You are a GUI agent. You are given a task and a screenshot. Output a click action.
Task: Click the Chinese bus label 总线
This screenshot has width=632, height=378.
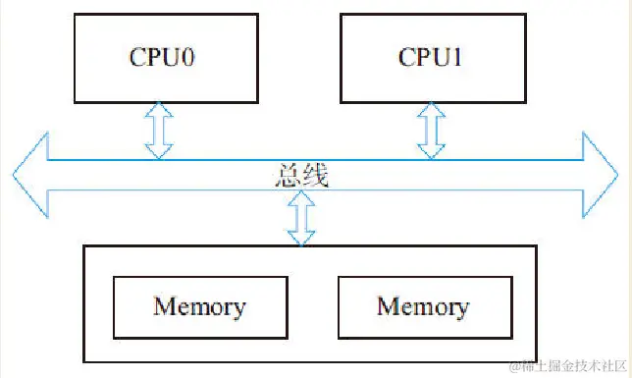[x=301, y=177]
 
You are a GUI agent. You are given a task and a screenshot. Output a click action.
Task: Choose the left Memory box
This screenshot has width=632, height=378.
[x=199, y=306]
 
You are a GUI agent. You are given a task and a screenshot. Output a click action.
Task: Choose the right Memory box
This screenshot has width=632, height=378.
[x=422, y=306]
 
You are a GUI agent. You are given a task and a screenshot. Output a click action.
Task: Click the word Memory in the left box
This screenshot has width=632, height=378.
[x=199, y=306]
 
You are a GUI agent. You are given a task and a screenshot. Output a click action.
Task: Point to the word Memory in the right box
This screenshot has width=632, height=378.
[x=422, y=306]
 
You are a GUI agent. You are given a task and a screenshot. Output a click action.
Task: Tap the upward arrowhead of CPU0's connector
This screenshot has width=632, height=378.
[x=158, y=109]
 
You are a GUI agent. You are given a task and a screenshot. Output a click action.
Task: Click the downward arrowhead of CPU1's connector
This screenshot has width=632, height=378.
[x=429, y=151]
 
